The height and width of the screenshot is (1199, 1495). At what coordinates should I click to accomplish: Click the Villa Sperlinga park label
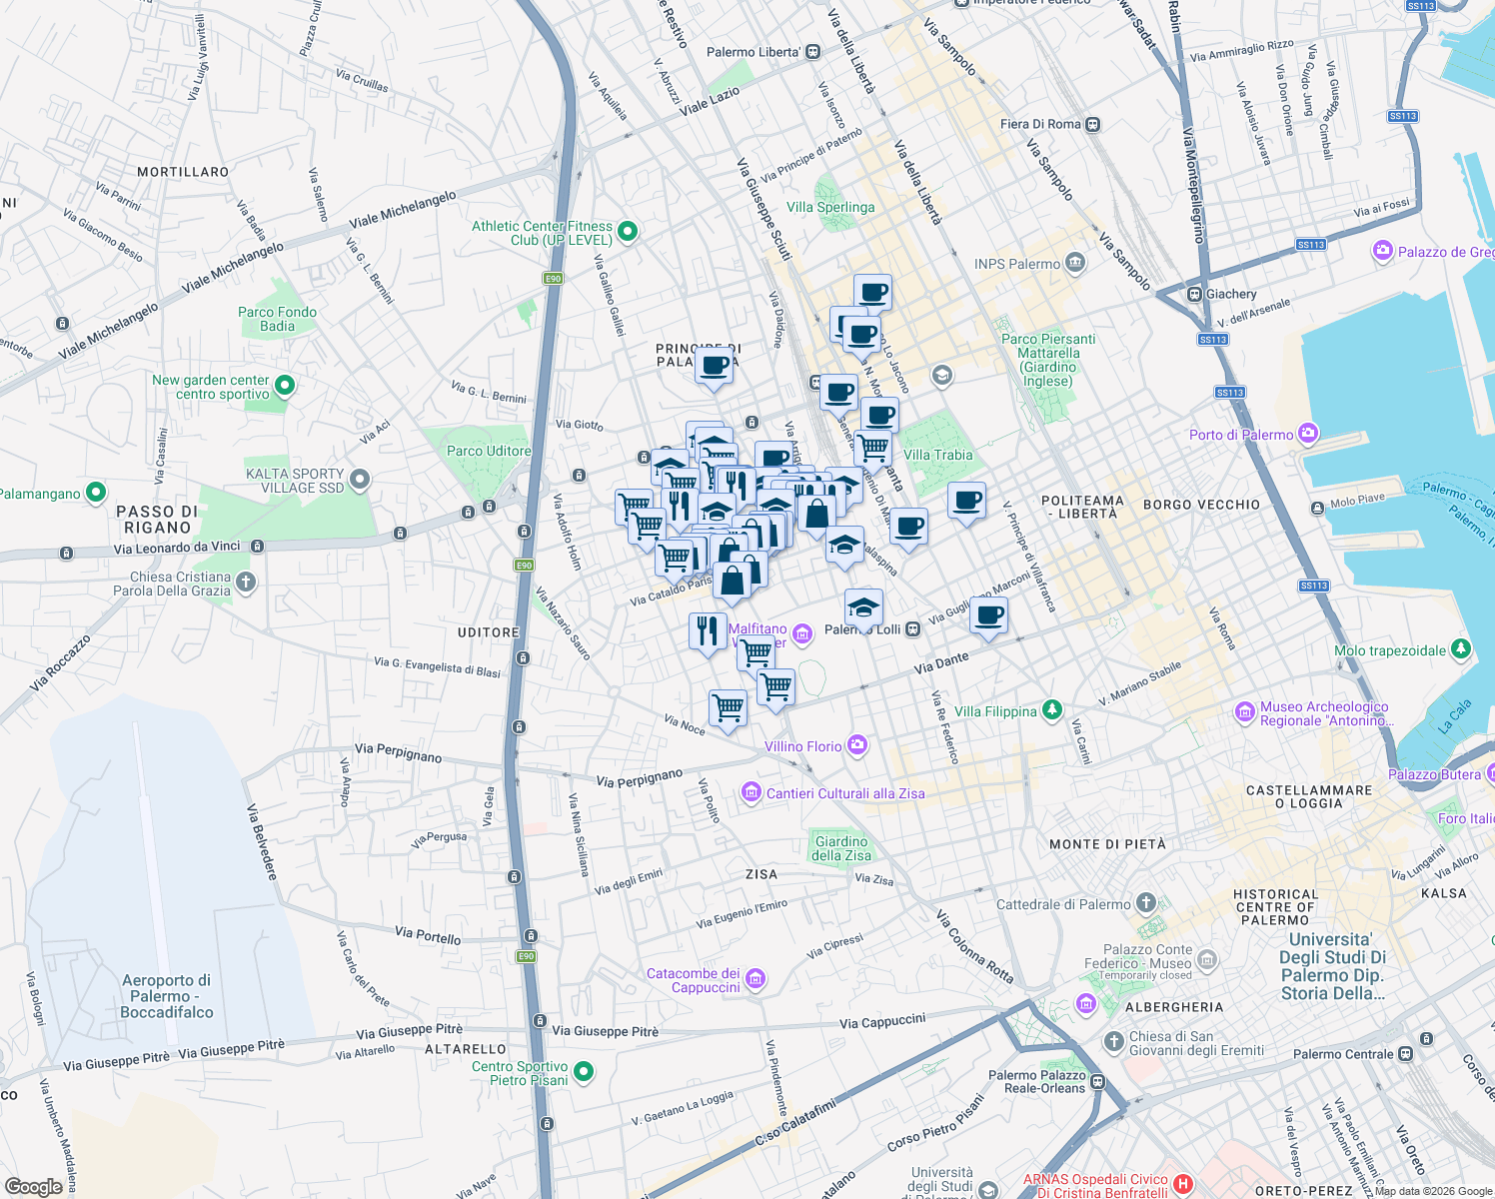(x=830, y=207)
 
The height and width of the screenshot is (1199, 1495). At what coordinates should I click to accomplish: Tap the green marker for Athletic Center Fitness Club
(x=628, y=233)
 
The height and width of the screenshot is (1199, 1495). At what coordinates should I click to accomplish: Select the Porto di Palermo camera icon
(x=1308, y=434)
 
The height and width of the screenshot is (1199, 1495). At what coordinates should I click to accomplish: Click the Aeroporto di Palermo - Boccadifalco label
(x=167, y=996)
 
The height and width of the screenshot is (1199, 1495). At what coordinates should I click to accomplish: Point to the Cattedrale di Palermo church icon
(x=1146, y=903)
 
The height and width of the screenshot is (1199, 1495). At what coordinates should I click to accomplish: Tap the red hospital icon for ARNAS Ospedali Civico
(x=1183, y=1185)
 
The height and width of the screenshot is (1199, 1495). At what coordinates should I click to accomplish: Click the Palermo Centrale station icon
(x=1406, y=1054)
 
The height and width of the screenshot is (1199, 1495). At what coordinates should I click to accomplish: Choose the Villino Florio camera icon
(x=856, y=745)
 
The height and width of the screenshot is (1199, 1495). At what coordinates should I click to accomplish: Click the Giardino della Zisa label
(x=841, y=848)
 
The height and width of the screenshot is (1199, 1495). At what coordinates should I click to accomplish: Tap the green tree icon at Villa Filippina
(x=1051, y=710)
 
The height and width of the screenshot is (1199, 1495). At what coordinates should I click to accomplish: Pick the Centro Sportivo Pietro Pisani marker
(x=584, y=1072)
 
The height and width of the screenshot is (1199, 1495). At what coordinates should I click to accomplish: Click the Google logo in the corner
(x=33, y=1186)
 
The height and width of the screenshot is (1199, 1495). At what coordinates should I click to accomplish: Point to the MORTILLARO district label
(x=183, y=172)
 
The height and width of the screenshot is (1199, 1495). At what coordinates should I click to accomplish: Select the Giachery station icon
(x=1193, y=294)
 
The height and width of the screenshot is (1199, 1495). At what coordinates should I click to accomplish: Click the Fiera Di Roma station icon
(x=1093, y=124)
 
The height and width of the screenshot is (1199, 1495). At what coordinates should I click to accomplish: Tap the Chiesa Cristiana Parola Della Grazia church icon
(x=246, y=583)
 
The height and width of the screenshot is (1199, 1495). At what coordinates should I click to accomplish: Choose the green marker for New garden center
(x=285, y=386)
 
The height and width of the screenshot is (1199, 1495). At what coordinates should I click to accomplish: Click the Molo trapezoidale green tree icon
(x=1461, y=649)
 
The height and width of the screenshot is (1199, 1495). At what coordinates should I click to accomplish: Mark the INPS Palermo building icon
(x=1074, y=263)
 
